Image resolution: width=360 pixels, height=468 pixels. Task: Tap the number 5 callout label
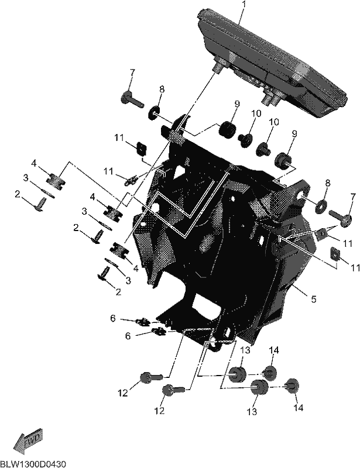click(313, 299)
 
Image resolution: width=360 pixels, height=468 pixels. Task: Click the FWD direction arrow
click(28, 439)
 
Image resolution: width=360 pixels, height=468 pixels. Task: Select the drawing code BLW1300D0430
click(33, 464)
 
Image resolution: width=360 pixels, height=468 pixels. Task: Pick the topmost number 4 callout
click(34, 163)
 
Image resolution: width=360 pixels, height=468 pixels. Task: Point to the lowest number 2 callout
click(118, 292)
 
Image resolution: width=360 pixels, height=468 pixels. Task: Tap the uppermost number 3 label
click(26, 178)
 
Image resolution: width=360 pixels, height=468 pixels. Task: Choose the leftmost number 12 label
click(123, 393)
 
